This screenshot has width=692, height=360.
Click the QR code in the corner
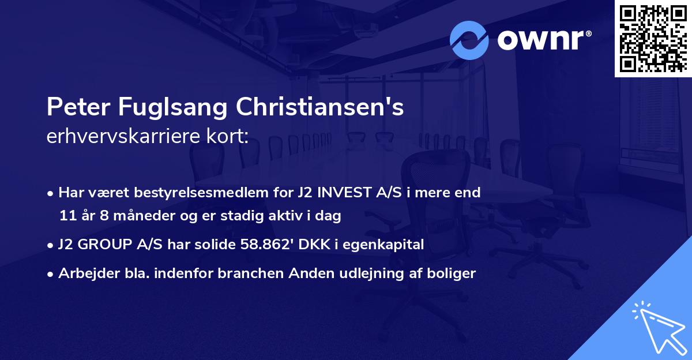click(653, 38)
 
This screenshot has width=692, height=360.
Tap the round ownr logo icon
click(469, 40)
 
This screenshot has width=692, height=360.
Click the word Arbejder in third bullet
click(83, 273)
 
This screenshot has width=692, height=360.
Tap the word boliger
click(453, 273)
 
